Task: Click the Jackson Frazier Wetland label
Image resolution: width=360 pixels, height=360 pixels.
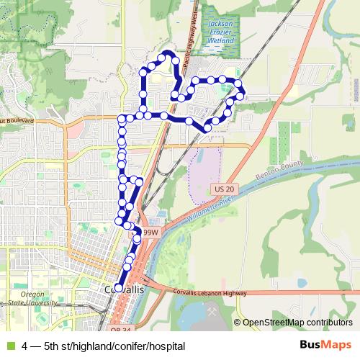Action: [220, 32]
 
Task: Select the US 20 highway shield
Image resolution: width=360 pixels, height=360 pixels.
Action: [225, 189]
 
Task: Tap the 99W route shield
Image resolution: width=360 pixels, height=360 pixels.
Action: [150, 233]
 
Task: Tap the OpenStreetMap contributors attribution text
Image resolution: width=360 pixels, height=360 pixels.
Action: [298, 323]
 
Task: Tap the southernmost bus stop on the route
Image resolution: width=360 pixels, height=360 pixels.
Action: [119, 288]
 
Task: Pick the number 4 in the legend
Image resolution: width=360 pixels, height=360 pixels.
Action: [26, 346]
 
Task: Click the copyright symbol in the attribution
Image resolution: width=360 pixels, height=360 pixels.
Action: [238, 323]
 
